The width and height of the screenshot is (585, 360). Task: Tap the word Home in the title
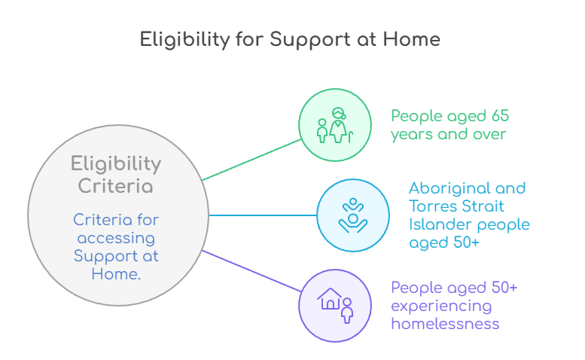coord(413,39)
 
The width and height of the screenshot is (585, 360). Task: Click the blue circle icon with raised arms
coord(352,215)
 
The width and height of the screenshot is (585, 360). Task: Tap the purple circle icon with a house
coord(335,305)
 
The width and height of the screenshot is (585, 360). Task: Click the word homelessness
coord(445,324)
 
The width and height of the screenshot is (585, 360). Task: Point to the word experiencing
coord(441,306)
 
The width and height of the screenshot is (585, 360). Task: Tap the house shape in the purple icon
coord(329,300)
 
